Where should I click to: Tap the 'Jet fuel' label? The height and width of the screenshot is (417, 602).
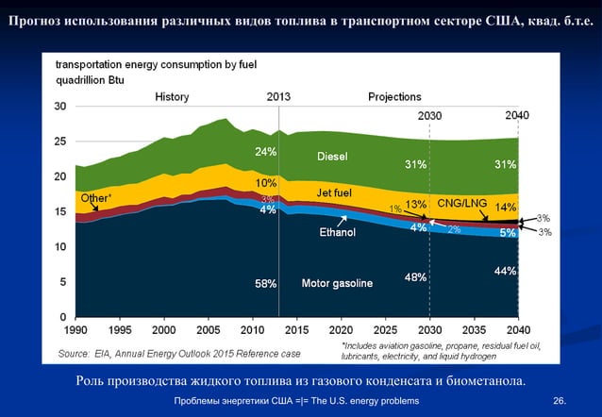(x=334, y=193)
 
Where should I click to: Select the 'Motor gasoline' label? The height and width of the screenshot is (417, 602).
(x=337, y=283)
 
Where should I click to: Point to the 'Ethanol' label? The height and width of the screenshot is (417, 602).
(x=337, y=232)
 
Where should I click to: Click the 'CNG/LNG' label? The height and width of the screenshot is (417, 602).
(x=462, y=203)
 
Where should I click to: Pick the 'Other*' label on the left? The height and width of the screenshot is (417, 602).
(x=95, y=199)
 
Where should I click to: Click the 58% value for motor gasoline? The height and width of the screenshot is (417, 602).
(x=265, y=283)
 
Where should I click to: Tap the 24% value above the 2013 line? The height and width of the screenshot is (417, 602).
(x=265, y=151)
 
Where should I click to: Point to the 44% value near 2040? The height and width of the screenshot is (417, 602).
(x=505, y=272)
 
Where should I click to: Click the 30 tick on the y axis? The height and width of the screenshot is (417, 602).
(x=59, y=107)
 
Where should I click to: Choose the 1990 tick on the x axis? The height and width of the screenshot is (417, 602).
(x=76, y=332)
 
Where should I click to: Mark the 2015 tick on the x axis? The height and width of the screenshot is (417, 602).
(x=297, y=332)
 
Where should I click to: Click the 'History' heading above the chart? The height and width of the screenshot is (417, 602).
(x=172, y=96)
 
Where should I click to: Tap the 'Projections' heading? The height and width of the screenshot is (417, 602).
(x=394, y=96)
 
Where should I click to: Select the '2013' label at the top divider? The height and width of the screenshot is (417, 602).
(x=278, y=96)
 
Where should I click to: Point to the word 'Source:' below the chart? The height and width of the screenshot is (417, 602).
(x=75, y=354)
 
